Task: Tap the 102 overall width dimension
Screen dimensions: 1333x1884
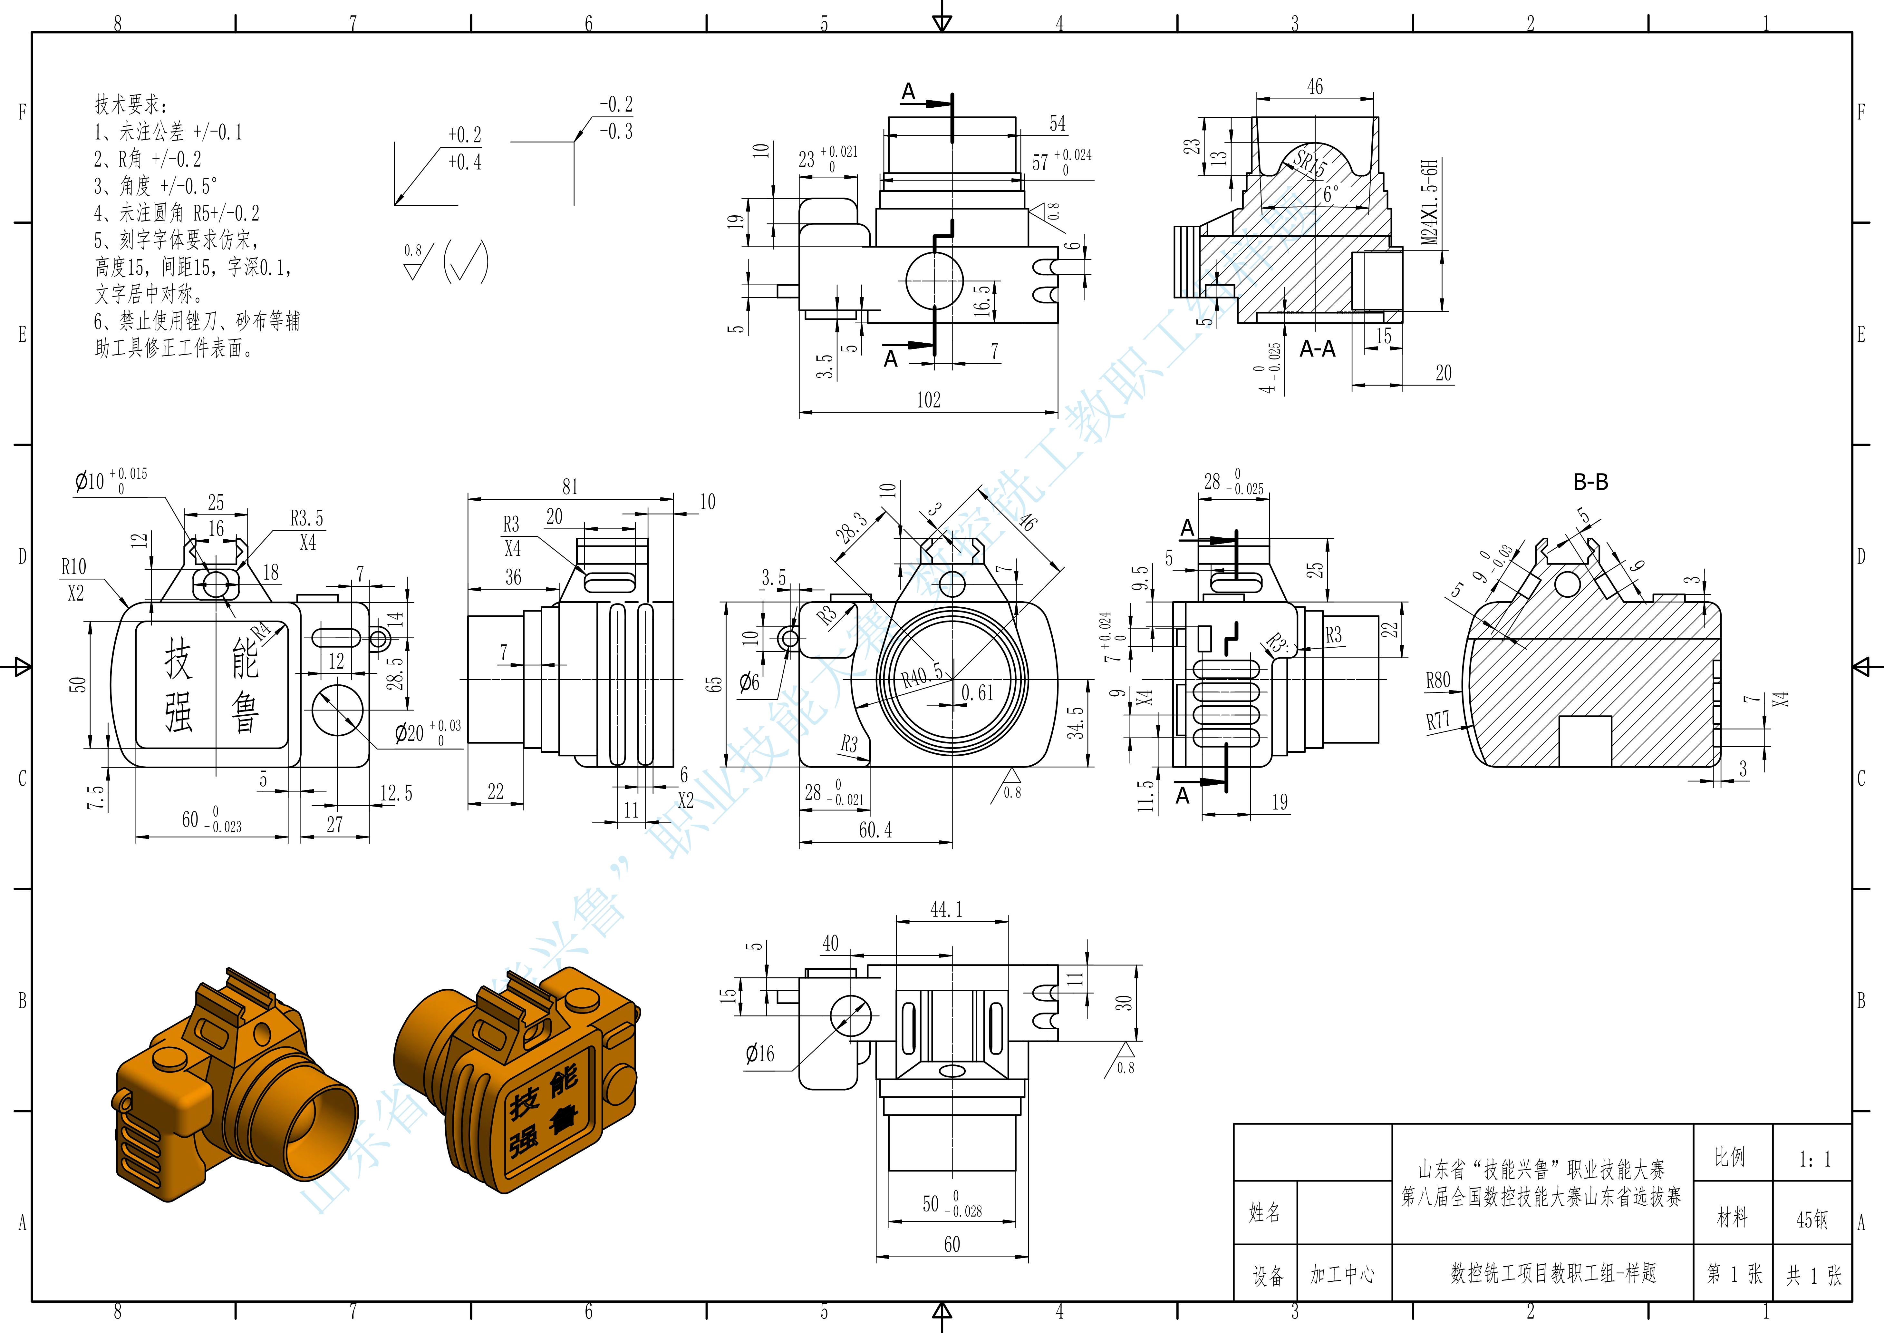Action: (928, 400)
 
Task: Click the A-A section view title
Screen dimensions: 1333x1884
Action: (1317, 349)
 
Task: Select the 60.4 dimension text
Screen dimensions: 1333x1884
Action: (875, 830)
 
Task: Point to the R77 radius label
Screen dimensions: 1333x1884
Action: (1438, 721)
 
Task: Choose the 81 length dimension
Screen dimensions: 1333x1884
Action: (569, 487)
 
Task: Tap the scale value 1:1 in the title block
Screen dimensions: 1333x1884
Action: (1813, 1159)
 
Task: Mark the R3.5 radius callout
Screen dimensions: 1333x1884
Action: (307, 518)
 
